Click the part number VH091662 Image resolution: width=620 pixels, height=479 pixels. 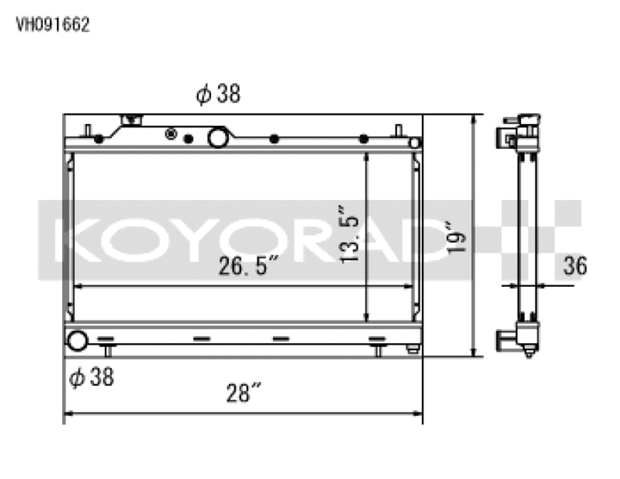click(53, 25)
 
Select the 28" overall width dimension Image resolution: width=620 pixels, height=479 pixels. click(243, 393)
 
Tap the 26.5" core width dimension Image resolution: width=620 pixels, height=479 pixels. click(248, 266)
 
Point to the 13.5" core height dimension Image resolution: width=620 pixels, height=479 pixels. click(350, 235)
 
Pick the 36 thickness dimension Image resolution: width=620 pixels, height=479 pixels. click(574, 266)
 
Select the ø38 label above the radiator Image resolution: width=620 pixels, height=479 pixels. click(218, 93)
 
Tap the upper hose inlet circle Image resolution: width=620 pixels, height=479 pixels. click(218, 137)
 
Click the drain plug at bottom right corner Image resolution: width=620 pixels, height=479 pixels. click(413, 349)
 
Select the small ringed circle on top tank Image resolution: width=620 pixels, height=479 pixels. click(170, 134)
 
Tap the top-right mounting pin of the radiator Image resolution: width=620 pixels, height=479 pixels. click(398, 131)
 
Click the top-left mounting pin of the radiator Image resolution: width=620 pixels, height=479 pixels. click(88, 131)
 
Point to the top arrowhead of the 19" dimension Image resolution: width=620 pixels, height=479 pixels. click(477, 119)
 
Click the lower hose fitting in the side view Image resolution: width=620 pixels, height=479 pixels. click(504, 339)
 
